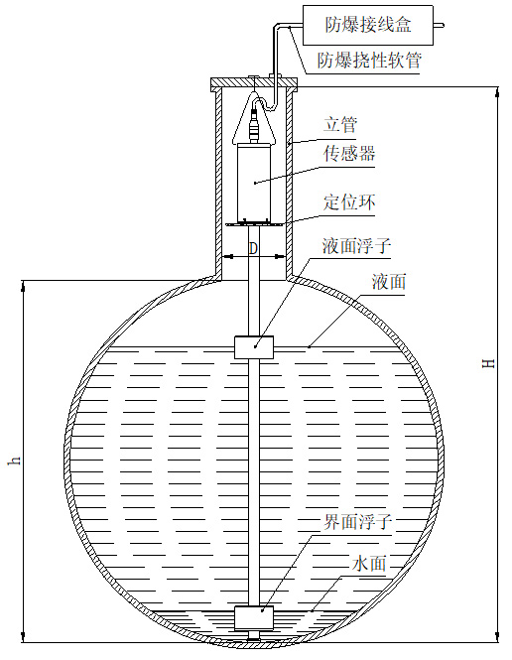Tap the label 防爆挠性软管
(x=369, y=61)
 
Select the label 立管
(x=339, y=126)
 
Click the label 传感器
(x=348, y=154)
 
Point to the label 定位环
(x=348, y=202)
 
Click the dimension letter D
(x=253, y=246)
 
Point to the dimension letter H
(x=487, y=364)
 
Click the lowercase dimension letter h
(x=14, y=462)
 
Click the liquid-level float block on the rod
(x=256, y=347)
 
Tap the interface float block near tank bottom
(x=256, y=617)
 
